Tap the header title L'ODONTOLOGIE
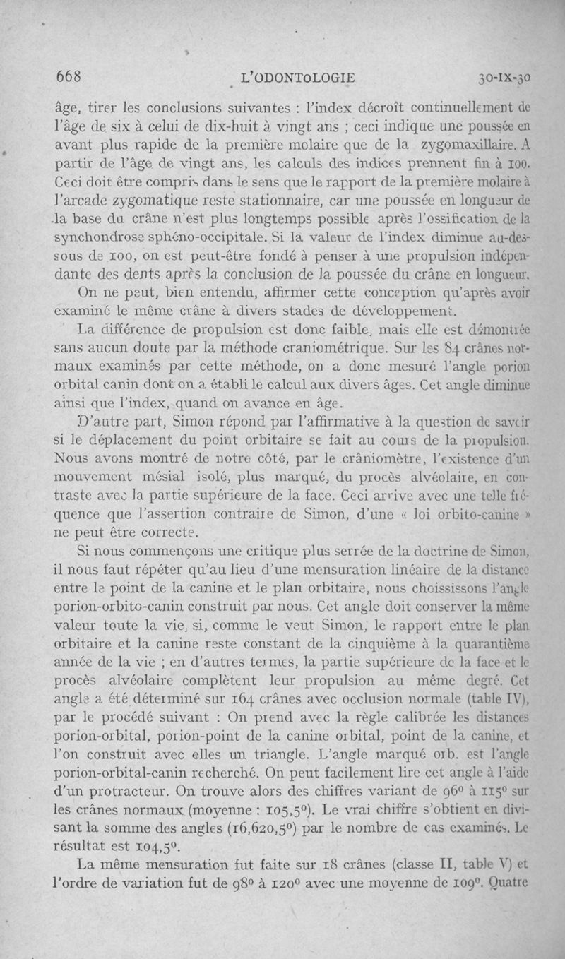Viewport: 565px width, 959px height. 297,78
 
